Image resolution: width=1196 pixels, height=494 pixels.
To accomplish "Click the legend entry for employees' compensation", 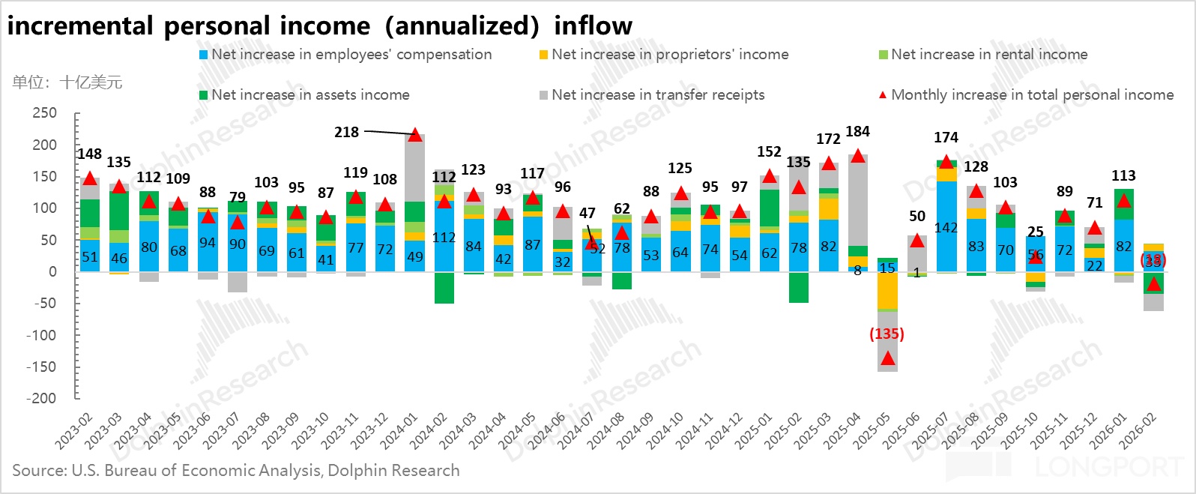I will [351, 55].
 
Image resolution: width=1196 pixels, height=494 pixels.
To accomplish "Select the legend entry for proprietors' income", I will [669, 55].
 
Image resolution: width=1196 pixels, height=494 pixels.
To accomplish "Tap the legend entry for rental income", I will [988, 55].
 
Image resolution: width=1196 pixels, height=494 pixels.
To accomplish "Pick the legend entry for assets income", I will [309, 95].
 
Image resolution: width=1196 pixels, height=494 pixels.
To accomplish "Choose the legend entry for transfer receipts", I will [657, 95].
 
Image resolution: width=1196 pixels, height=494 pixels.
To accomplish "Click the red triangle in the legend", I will [882, 95].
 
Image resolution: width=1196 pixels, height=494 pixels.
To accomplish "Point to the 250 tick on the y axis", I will [44, 113].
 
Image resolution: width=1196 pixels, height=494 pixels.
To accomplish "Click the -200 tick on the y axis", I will [42, 398].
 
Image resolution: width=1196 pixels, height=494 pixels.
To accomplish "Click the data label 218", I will [346, 133].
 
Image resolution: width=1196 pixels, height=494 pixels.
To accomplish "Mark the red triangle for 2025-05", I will [887, 358].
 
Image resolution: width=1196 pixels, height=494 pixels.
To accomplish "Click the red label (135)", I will [887, 334].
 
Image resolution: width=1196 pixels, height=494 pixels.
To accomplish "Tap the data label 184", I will [857, 132].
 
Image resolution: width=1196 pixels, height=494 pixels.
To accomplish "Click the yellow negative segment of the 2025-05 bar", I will [887, 291].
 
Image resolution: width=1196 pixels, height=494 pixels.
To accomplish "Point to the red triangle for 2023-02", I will [90, 178].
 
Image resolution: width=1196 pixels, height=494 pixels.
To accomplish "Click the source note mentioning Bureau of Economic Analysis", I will [236, 471].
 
